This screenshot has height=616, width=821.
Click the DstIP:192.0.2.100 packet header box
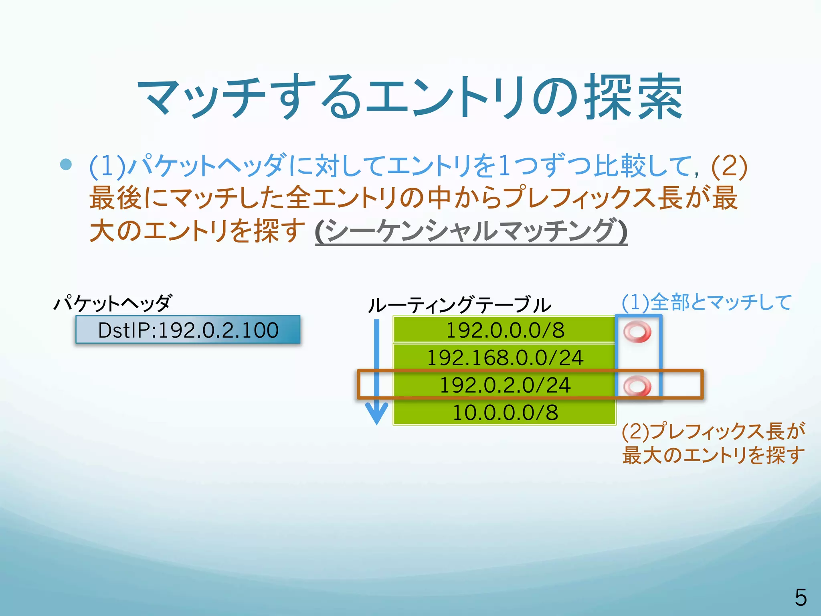188,330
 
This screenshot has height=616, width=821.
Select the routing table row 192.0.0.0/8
504,330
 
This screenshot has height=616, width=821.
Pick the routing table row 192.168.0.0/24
504,357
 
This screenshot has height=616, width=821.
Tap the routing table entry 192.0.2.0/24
504,385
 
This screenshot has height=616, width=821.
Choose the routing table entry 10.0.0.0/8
504,412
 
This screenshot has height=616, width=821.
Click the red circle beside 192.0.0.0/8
637,332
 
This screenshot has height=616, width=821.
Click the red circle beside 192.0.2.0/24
637,386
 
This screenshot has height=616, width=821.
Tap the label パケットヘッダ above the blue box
113,303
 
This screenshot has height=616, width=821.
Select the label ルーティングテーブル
459,305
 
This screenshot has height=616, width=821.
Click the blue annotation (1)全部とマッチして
706,302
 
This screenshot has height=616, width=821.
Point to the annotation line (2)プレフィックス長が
713,431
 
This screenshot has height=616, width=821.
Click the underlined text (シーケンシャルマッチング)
471,231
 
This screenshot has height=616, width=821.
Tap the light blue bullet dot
66,164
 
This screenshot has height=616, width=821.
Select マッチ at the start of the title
200,97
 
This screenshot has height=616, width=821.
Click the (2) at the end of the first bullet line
729,166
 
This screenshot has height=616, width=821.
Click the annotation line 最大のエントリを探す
713,455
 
